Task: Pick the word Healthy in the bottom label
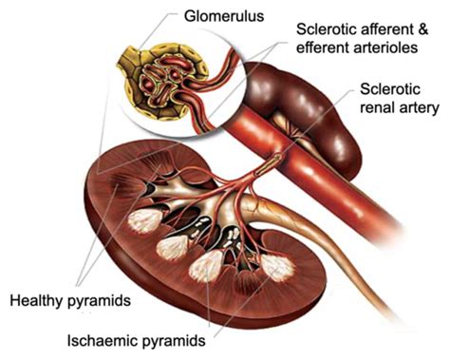click(35, 301)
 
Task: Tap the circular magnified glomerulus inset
click(176, 75)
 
